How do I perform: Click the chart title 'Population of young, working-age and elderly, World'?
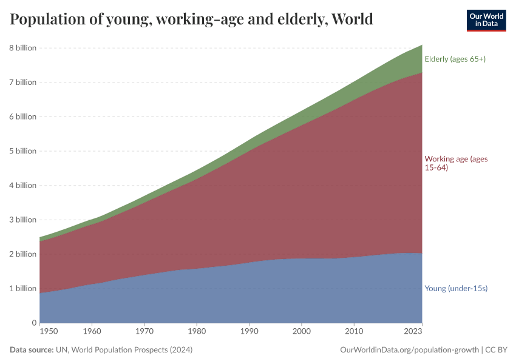(191, 20)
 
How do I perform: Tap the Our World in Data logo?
(486, 20)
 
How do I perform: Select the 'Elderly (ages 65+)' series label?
(455, 59)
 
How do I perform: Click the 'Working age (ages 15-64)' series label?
(455, 163)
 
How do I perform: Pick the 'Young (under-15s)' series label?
(456, 288)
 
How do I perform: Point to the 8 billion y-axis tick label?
(22, 48)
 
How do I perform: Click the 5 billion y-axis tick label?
(22, 151)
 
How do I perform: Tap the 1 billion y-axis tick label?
(22, 288)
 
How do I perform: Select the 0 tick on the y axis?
(34, 323)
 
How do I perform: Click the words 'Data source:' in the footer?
(32, 350)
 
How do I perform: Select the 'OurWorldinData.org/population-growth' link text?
(410, 350)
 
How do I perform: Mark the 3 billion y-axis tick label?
(22, 220)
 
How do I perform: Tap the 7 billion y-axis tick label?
(22, 83)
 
